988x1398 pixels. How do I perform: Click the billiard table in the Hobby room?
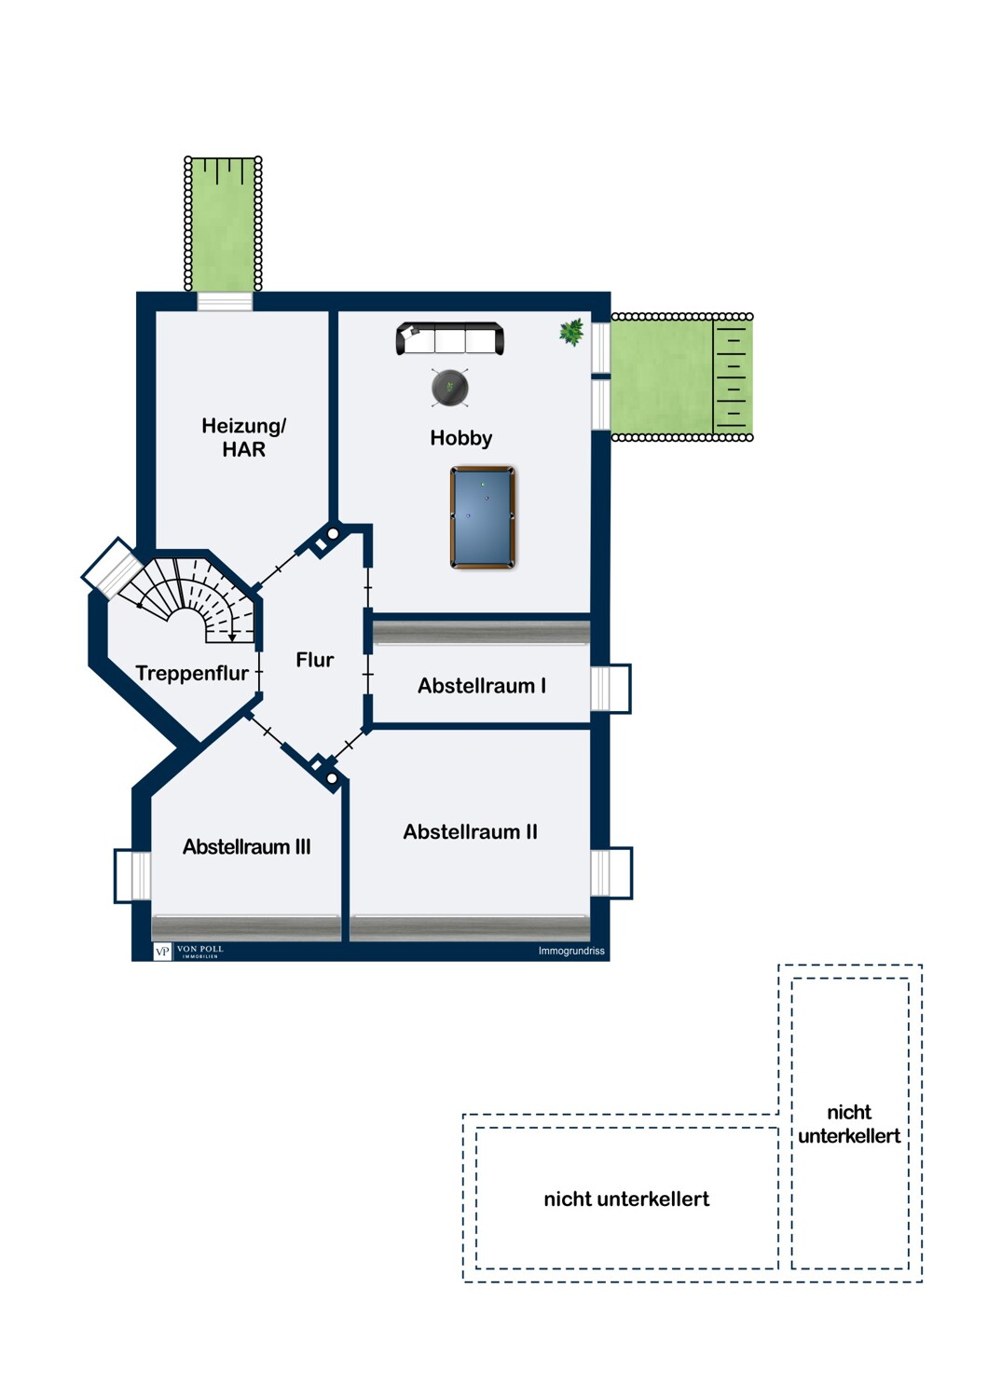coord(483,517)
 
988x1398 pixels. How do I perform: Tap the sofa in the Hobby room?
coord(449,338)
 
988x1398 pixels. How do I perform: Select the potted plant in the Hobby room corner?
coord(571,332)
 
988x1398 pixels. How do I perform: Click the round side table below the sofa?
coord(450,388)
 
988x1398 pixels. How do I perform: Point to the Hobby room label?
coord(460,437)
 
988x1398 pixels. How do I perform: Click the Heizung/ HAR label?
coord(243,437)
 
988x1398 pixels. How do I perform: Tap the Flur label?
coord(314,659)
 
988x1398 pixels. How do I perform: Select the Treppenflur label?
coord(192,673)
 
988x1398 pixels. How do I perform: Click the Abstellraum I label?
coord(482,685)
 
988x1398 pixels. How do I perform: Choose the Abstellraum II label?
coord(470,831)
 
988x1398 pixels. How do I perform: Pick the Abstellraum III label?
coord(246,846)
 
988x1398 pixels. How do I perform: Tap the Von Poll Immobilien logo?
coord(188,952)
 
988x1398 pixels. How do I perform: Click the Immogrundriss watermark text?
coord(571,952)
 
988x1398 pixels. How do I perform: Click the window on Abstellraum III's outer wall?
coord(132,876)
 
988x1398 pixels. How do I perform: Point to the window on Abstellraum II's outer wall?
coord(611,872)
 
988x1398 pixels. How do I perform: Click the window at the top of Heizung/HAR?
coord(225,301)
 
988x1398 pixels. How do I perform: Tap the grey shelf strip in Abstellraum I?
coord(481,632)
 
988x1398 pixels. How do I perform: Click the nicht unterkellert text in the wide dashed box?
coord(626,1199)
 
